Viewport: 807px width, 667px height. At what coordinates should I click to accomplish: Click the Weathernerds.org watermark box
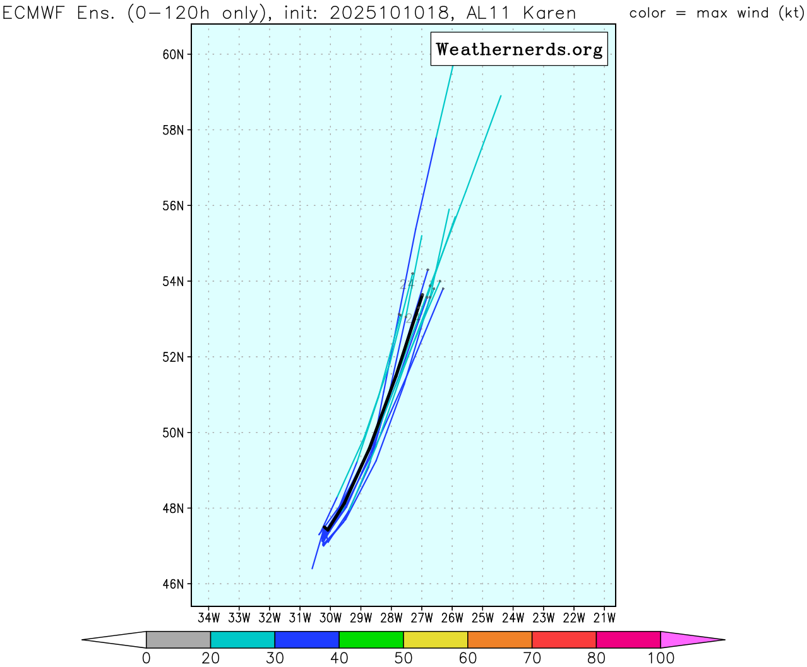tap(519, 49)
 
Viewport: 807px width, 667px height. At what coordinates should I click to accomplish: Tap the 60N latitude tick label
tap(173, 54)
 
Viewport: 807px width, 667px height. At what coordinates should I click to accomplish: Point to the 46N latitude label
tap(173, 584)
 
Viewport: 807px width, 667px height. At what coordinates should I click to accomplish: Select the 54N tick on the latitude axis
tap(173, 281)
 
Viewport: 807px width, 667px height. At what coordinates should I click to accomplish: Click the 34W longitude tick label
tap(209, 618)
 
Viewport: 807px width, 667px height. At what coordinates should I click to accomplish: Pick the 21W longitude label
tap(605, 618)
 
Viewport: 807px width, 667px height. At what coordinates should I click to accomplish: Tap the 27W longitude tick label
tap(422, 618)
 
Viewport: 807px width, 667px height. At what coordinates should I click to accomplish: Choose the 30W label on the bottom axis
tap(330, 618)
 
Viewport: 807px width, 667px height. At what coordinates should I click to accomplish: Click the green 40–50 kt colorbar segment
tap(371, 639)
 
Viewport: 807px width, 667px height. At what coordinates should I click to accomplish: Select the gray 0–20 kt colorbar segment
tap(178, 639)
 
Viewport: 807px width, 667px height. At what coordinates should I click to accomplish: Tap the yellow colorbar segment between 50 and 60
tap(435, 639)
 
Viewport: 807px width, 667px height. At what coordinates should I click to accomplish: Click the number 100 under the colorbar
tap(661, 658)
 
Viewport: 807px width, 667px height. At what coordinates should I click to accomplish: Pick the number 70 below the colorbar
tap(532, 658)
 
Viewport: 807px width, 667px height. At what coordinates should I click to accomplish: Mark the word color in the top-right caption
tap(647, 13)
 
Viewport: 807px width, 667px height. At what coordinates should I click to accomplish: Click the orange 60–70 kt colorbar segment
tap(499, 639)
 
